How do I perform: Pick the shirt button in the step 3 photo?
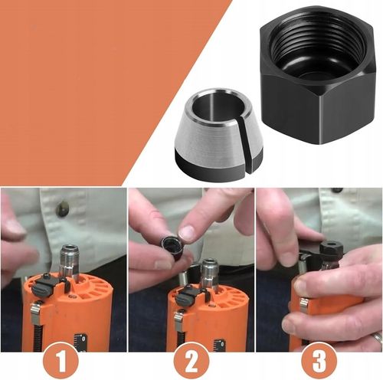tap(336, 190)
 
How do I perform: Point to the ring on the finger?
tap(376, 337)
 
